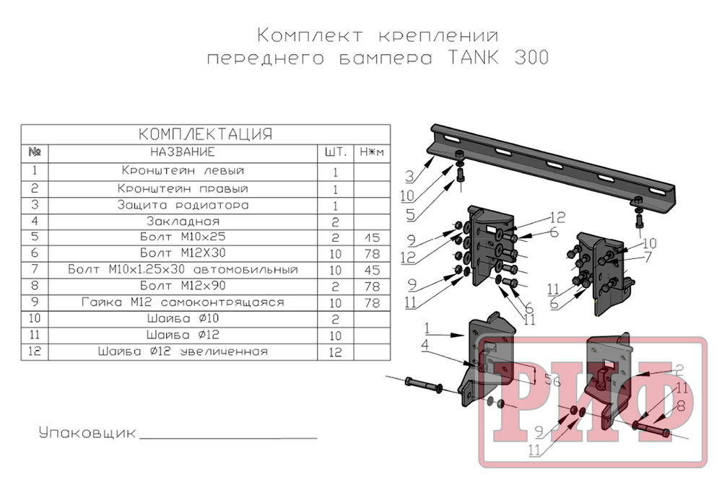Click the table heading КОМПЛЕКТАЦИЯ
(205, 134)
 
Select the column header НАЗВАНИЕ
(183, 152)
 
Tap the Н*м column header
(372, 152)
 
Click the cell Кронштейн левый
(183, 170)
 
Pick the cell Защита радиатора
(183, 205)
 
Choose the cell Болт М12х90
(183, 286)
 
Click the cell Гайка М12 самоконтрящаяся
(183, 302)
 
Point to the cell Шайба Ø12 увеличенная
(183, 351)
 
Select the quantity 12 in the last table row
(335, 352)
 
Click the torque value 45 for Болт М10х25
(372, 237)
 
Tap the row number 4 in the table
(35, 221)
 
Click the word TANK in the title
(473, 58)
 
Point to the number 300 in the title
(532, 58)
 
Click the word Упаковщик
(87, 433)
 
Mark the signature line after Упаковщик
(228, 438)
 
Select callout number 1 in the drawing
(427, 328)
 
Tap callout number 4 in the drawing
(425, 345)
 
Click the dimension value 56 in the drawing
(552, 380)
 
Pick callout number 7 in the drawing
(648, 257)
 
